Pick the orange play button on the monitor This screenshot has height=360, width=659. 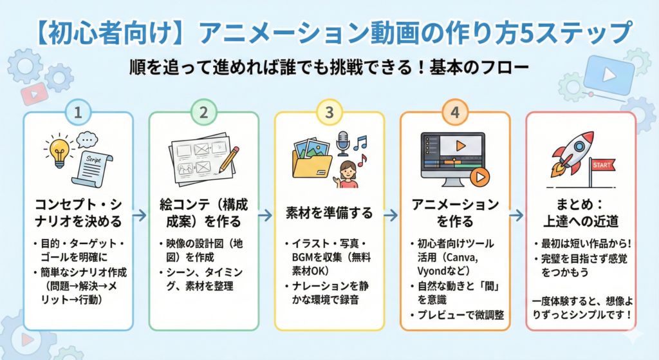479,175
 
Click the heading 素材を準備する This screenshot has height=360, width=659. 329,213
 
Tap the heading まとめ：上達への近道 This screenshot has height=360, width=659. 580,213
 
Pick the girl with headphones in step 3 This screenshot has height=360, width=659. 348,175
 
